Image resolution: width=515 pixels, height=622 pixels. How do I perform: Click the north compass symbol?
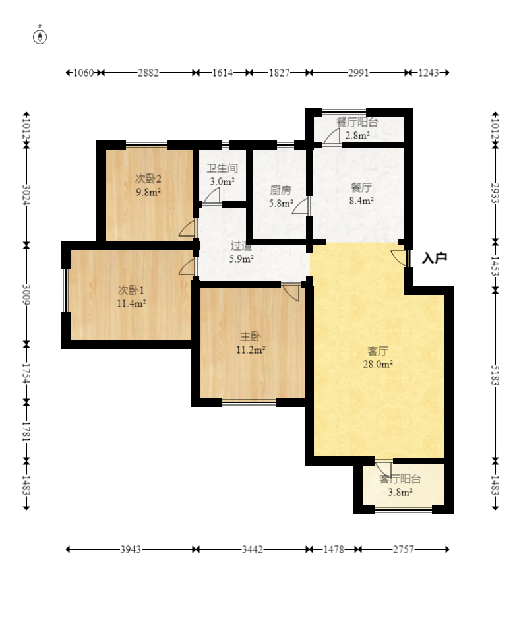(40, 36)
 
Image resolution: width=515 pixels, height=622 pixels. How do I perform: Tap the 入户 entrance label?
(434, 259)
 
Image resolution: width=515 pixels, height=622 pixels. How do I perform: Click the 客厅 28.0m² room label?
(378, 358)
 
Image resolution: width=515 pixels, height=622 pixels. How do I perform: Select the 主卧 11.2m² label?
(251, 343)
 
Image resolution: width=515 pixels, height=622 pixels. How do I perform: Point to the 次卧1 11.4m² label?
(131, 297)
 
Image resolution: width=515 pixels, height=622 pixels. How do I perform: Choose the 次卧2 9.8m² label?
(148, 185)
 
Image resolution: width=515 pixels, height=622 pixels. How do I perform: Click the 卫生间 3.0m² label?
(222, 175)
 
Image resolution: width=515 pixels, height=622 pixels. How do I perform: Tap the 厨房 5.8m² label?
(281, 197)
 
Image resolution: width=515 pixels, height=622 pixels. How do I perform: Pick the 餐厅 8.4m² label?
(361, 194)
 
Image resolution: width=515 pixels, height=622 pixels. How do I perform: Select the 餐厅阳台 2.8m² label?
(357, 129)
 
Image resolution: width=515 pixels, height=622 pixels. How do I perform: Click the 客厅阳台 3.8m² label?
(400, 485)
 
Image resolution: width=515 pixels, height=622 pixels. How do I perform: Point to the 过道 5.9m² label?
(241, 252)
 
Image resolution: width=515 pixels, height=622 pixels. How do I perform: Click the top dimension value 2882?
(148, 73)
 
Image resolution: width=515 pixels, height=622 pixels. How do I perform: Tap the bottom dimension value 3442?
(252, 549)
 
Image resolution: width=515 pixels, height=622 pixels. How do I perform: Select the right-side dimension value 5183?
(495, 375)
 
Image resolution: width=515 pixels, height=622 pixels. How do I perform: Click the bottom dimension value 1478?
(334, 549)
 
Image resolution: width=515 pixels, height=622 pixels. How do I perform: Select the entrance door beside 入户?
(399, 259)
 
